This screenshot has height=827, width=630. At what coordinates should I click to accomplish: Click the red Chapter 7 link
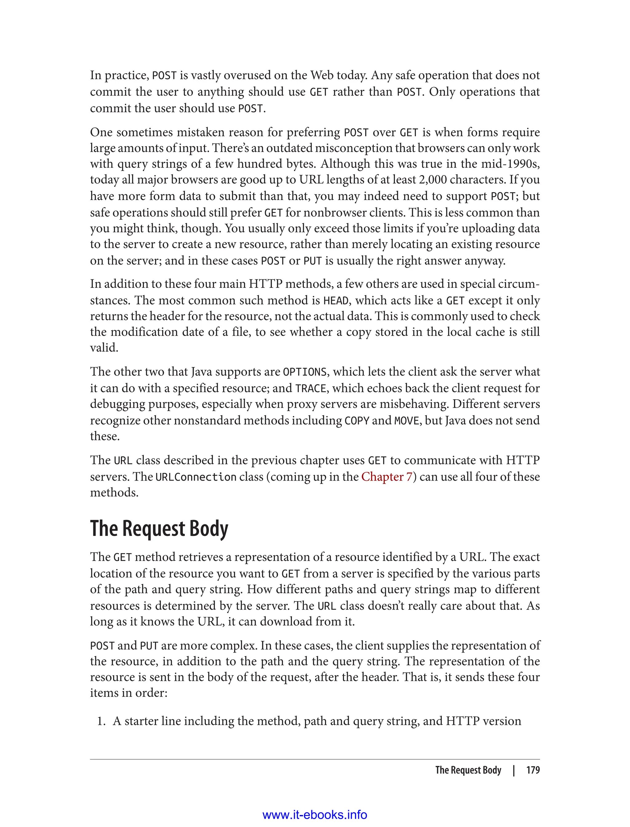tap(386, 477)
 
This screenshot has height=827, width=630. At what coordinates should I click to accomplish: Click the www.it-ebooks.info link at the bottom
tap(315, 815)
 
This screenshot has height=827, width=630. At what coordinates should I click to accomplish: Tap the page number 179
tap(532, 770)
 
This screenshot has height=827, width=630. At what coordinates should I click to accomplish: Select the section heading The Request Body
tap(159, 529)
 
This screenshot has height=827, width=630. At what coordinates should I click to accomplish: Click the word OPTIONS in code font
tap(305, 372)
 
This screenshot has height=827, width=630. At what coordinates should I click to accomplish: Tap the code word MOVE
tap(406, 421)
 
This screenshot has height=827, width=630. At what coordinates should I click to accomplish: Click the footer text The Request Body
tap(468, 770)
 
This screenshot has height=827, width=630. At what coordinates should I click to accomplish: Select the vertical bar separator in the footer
tap(514, 770)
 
